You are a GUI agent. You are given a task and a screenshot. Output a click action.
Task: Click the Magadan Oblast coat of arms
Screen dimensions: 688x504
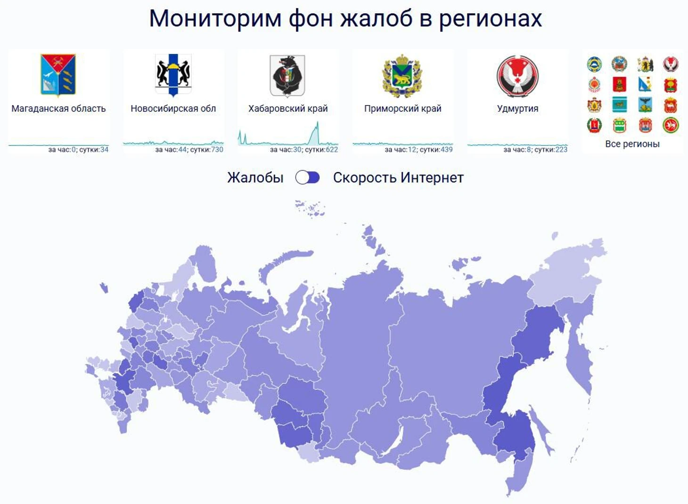58,75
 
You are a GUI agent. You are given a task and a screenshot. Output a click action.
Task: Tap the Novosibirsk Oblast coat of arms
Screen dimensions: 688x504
173,75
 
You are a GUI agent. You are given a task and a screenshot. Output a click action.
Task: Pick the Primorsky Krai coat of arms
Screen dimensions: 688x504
402,76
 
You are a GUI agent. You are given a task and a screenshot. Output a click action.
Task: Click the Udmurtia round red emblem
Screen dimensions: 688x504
517,76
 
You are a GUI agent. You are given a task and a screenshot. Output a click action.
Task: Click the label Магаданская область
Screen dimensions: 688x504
58,108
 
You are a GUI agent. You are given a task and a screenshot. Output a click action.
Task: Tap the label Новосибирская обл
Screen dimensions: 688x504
173,108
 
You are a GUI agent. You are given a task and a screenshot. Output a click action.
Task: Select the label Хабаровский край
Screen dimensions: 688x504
288,108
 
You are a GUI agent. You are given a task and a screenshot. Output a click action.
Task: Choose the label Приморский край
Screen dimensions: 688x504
402,108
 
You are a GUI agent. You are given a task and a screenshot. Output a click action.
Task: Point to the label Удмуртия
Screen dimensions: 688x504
517,108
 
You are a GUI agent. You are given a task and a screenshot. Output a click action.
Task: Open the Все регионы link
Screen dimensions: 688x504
632,144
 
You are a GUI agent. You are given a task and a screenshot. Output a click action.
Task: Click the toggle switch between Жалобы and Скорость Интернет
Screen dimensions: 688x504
307,178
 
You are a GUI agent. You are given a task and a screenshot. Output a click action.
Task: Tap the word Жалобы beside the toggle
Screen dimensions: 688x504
255,178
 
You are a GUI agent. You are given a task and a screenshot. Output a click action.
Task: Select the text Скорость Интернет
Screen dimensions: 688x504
398,178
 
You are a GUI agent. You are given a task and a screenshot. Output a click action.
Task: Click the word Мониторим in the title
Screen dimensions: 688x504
215,18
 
